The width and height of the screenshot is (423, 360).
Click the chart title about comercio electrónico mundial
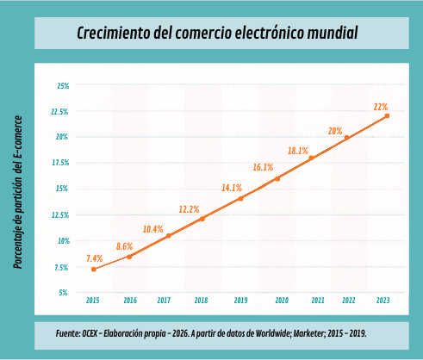click(216, 34)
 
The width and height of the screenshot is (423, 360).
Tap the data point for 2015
click(93, 270)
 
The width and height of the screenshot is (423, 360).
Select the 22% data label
click(380, 107)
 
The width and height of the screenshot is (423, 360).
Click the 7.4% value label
click(95, 258)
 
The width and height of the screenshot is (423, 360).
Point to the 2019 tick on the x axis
click(240, 301)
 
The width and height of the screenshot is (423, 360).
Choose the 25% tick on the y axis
click(62, 86)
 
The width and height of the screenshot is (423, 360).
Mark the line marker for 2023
click(387, 115)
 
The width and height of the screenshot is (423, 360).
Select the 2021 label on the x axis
click(317, 301)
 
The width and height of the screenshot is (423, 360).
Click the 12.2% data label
click(190, 209)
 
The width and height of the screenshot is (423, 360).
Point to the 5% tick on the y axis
click(64, 293)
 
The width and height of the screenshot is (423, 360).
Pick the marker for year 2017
click(168, 235)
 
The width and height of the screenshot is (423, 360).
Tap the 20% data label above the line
click(335, 131)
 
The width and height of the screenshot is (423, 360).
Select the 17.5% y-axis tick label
click(60, 162)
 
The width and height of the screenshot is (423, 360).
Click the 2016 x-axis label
click(130, 301)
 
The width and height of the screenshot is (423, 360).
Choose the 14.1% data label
click(232, 187)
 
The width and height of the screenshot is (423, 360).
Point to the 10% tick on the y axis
click(62, 241)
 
